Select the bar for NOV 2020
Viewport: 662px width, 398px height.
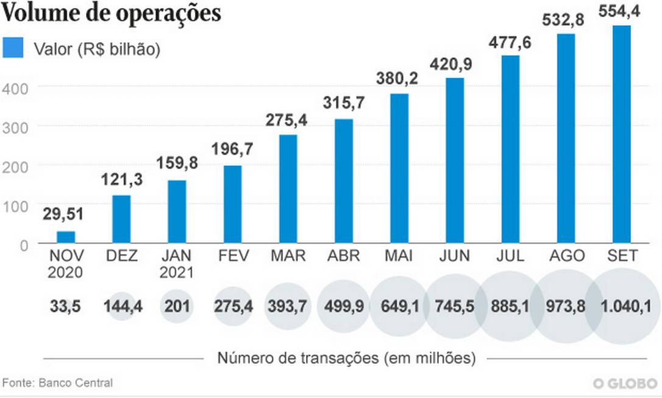pyautogui.click(x=66, y=237)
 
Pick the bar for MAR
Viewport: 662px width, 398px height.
pyautogui.click(x=288, y=189)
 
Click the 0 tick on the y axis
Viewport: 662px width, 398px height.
pyautogui.click(x=23, y=245)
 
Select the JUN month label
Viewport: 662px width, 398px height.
pyautogui.click(x=455, y=256)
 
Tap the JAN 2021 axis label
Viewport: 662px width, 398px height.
pyautogui.click(x=177, y=263)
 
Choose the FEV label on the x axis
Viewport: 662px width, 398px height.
pyautogui.click(x=233, y=256)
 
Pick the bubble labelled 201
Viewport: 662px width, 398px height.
pyautogui.click(x=177, y=306)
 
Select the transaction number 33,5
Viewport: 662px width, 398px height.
pyautogui.click(x=65, y=306)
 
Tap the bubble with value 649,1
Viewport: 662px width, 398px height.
pyautogui.click(x=399, y=306)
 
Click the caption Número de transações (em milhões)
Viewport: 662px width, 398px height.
pyautogui.click(x=346, y=358)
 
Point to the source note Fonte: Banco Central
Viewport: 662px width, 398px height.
pyautogui.click(x=58, y=383)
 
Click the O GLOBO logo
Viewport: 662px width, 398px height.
pyautogui.click(x=626, y=383)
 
